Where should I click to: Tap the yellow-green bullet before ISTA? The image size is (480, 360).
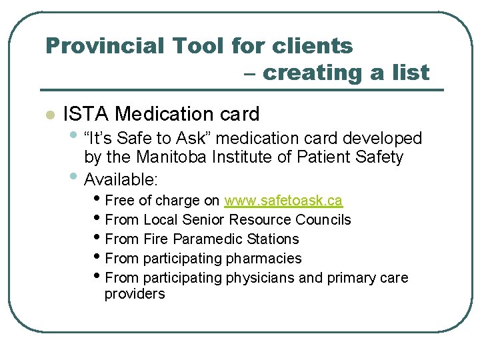pyautogui.click(x=48, y=115)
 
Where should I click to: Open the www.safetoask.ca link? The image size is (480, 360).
pyautogui.click(x=283, y=201)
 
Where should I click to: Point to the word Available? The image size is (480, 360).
pyautogui.click(x=121, y=179)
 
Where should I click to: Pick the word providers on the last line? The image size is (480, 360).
pyautogui.click(x=135, y=294)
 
